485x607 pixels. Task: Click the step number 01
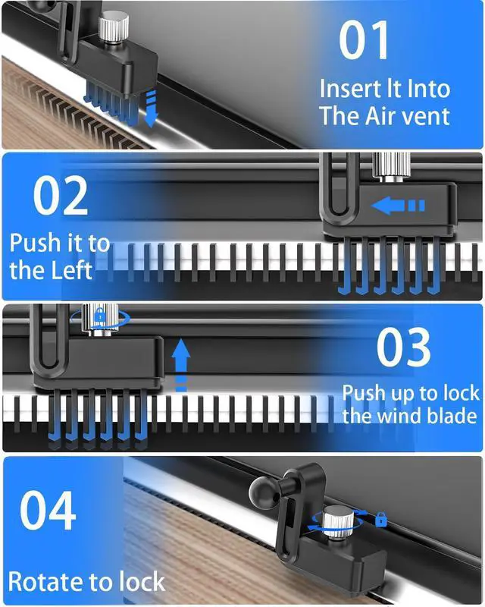(x=364, y=39)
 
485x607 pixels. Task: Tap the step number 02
(x=61, y=196)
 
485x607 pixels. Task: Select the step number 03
(x=403, y=348)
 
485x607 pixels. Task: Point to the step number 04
(x=48, y=510)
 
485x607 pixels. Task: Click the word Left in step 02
(x=70, y=270)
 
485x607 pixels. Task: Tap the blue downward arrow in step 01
(x=151, y=108)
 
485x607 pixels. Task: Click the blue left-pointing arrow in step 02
(x=398, y=205)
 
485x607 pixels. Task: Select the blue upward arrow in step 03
(x=180, y=365)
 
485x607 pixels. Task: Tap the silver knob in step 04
(x=337, y=521)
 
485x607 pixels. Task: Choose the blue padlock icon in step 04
(x=381, y=519)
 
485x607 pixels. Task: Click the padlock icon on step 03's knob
(x=100, y=314)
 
